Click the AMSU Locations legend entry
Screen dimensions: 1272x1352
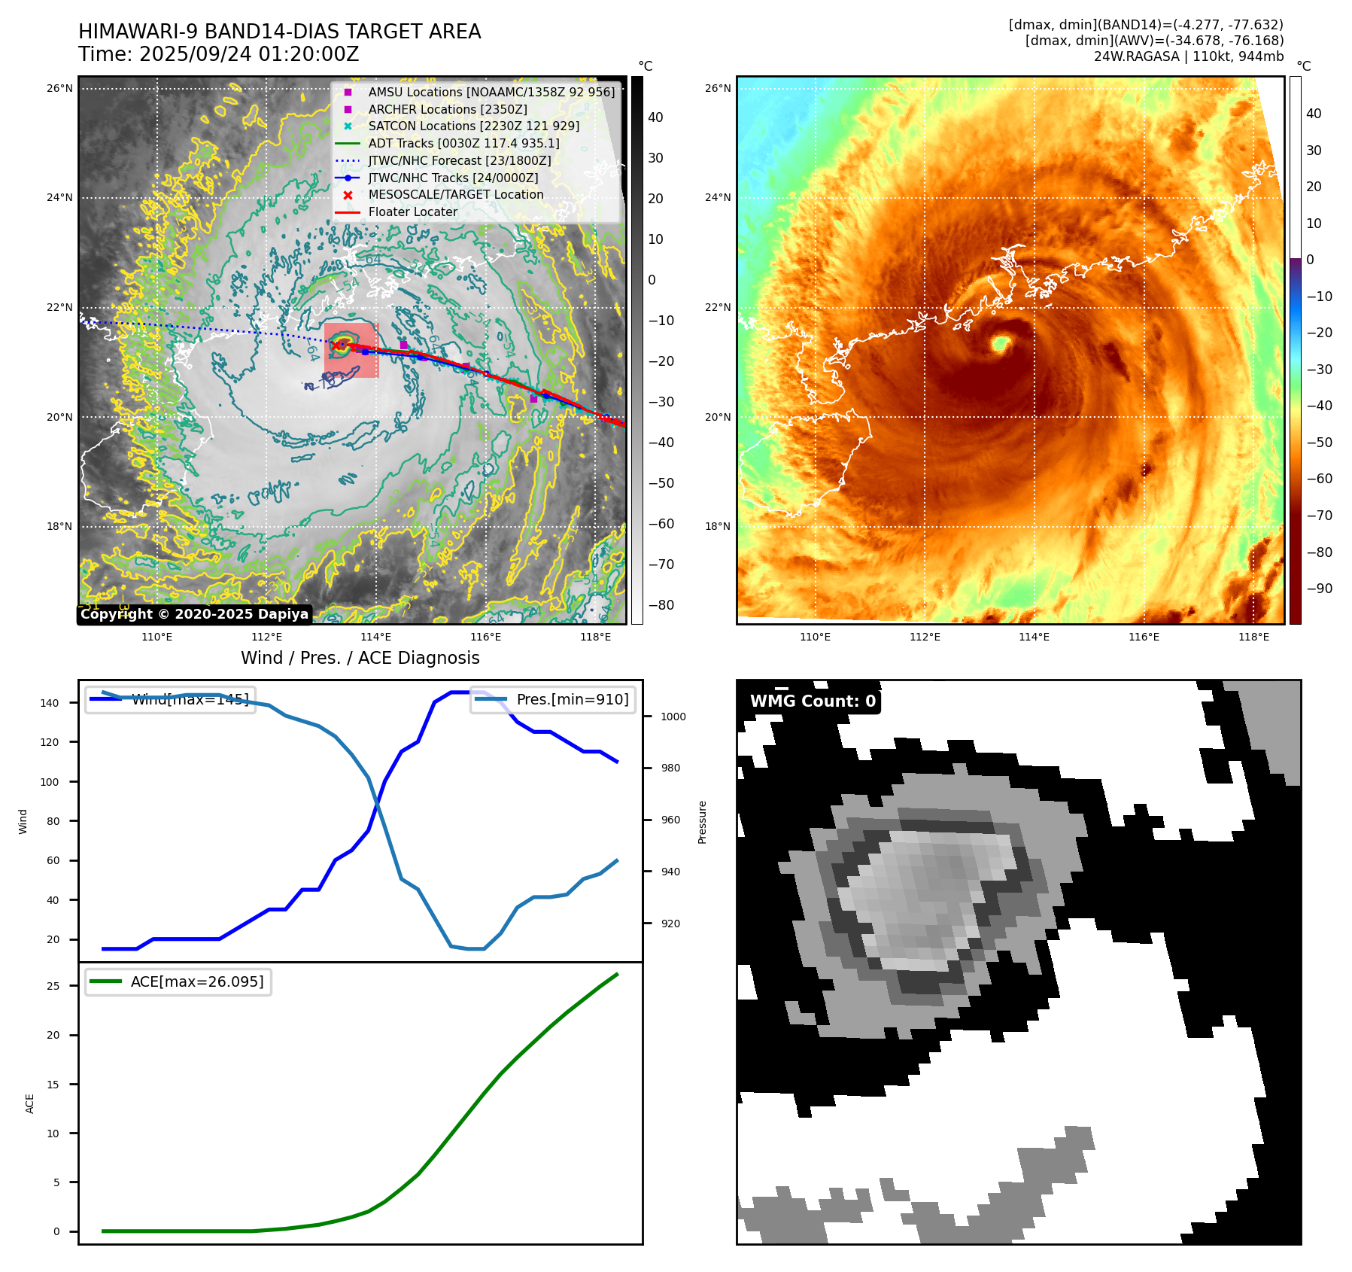click(491, 92)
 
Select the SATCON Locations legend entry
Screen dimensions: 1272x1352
click(473, 126)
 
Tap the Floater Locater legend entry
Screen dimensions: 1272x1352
click(412, 211)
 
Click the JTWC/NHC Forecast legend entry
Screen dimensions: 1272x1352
click(459, 160)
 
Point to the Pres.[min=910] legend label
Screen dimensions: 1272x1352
click(572, 699)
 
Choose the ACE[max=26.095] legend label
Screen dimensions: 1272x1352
click(197, 981)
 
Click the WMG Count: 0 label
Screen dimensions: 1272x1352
click(813, 701)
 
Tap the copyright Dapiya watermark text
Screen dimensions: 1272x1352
click(194, 613)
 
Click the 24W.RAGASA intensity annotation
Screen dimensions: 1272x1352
click(1188, 56)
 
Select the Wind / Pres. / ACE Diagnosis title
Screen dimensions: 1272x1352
click(360, 658)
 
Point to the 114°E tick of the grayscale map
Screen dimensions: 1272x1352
click(375, 638)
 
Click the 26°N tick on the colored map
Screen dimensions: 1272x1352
click(717, 88)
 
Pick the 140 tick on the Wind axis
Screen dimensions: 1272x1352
click(50, 703)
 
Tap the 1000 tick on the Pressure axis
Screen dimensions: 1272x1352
click(673, 717)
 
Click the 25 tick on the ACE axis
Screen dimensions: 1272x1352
click(53, 986)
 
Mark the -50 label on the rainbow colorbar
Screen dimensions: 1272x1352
click(1318, 442)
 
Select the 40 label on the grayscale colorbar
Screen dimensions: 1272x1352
click(655, 117)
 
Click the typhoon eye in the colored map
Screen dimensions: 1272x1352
click(1000, 344)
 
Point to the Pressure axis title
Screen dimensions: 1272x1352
click(702, 821)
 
